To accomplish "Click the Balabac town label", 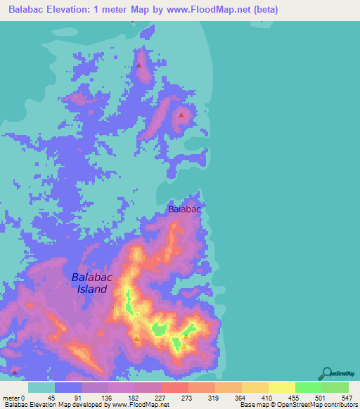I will click(185, 209).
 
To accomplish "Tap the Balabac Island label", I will click(92, 283).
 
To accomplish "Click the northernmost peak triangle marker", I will click(139, 65).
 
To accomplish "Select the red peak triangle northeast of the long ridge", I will click(181, 115).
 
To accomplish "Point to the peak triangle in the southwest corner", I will click(13, 371).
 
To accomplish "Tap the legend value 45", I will click(51, 397).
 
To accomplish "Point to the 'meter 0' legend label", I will click(13, 397).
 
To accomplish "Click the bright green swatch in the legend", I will click(308, 387).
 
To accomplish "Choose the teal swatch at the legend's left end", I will click(41, 387).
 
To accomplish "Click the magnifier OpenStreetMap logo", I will click(326, 373).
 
